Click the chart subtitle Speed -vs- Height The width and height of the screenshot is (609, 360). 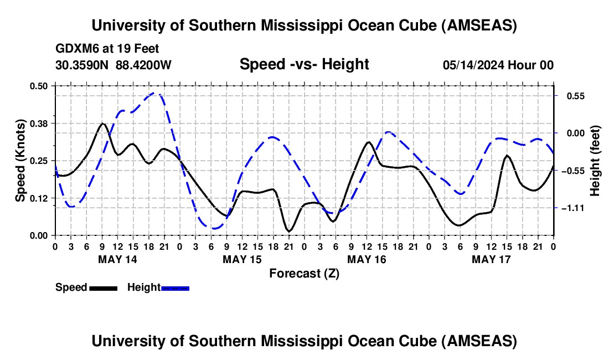pyautogui.click(x=304, y=64)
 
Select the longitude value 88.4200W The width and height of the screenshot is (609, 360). pyautogui.click(x=143, y=65)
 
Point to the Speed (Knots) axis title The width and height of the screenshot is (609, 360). pyautogui.click(x=20, y=161)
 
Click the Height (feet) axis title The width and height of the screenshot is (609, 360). pyautogui.click(x=595, y=161)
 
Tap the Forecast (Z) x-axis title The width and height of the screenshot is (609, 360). pyautogui.click(x=304, y=273)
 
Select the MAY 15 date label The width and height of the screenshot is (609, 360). pyautogui.click(x=242, y=259)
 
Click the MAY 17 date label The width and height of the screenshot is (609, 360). pyautogui.click(x=491, y=259)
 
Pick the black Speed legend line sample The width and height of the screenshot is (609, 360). pyautogui.click(x=102, y=287)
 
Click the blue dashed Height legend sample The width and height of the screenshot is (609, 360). pyautogui.click(x=175, y=287)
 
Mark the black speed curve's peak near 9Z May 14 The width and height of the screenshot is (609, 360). pyautogui.click(x=102, y=124)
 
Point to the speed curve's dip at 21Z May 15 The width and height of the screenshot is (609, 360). pyautogui.click(x=288, y=230)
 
